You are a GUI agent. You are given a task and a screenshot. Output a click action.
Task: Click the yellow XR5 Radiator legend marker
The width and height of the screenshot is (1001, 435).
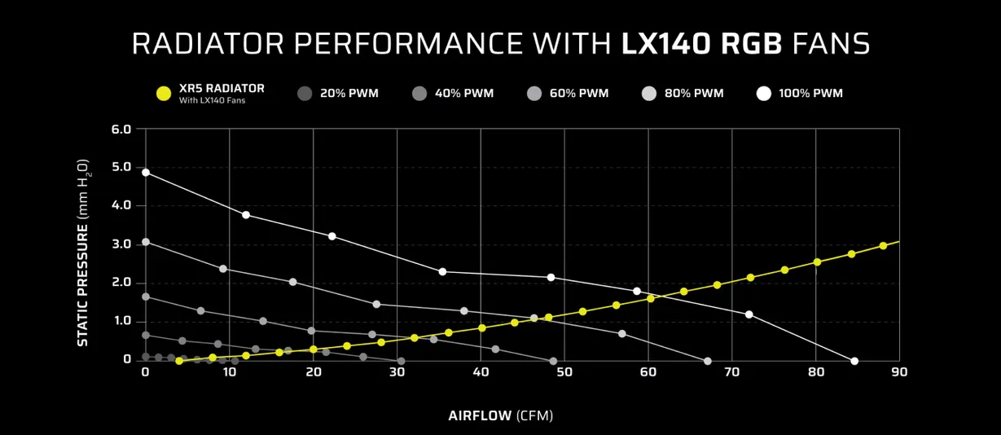tap(164, 94)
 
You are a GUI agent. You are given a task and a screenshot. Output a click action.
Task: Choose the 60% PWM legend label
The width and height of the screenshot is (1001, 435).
tap(579, 94)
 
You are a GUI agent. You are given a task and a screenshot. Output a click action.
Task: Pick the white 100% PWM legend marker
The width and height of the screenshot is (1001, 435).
tap(763, 94)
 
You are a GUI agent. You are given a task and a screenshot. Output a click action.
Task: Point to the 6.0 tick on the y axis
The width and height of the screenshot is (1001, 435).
tap(121, 130)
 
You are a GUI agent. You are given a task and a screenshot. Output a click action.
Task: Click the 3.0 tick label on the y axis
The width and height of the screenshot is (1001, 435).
tap(121, 244)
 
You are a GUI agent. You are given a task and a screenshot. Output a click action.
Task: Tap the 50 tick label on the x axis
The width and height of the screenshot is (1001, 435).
tap(564, 372)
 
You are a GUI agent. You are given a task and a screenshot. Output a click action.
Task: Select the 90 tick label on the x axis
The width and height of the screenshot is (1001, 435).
tap(899, 372)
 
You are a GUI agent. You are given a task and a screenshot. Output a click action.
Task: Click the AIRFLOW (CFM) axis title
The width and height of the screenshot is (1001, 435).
tap(500, 415)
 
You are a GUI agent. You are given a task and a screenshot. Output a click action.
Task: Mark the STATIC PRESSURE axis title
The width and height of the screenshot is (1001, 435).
tap(83, 253)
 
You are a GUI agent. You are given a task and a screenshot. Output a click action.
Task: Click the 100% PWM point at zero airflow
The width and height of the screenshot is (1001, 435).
tap(146, 173)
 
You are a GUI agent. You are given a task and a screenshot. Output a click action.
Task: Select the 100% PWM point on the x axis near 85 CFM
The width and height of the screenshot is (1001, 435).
tap(854, 361)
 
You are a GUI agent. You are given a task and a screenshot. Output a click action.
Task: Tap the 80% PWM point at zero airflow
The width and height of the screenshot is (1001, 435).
tap(146, 242)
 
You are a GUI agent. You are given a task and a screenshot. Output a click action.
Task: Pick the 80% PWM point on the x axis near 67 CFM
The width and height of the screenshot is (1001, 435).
tap(707, 361)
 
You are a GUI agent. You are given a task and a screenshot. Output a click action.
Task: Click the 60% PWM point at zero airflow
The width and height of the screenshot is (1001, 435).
tap(146, 297)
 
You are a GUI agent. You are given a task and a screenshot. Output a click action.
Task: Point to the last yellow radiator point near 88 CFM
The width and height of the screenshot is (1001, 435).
tap(883, 246)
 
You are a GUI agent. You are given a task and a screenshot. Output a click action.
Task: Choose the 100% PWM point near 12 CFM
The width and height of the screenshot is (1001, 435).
tap(246, 215)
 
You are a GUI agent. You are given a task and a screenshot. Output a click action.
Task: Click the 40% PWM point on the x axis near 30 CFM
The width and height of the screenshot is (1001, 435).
tap(401, 361)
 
